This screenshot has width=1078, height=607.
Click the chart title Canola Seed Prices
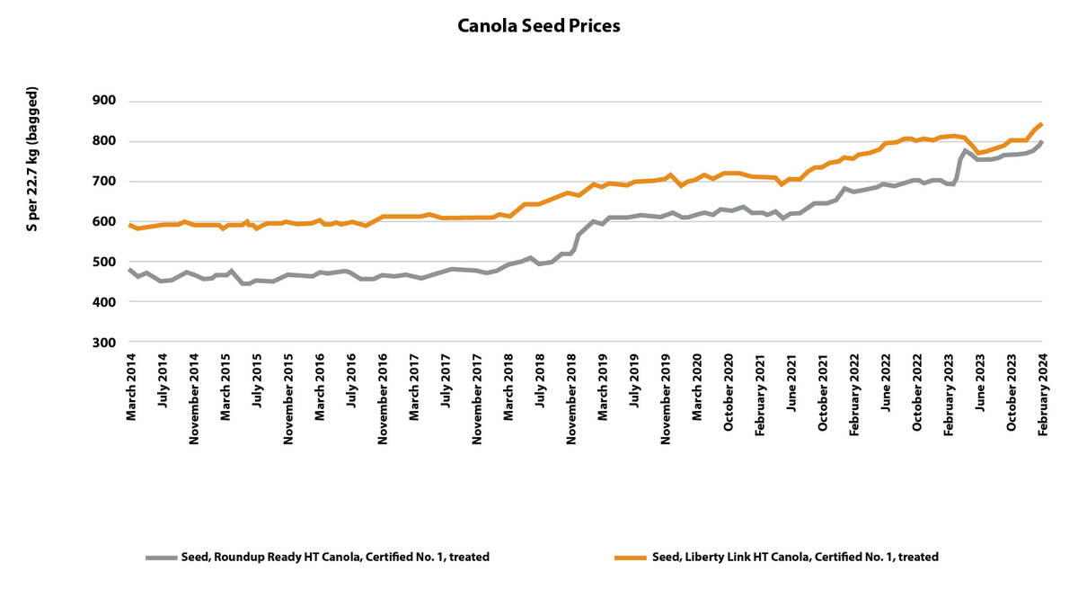(538, 25)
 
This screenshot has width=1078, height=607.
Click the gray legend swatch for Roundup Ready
(161, 558)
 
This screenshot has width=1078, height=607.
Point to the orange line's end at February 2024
(1041, 124)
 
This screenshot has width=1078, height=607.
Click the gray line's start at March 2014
(130, 270)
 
